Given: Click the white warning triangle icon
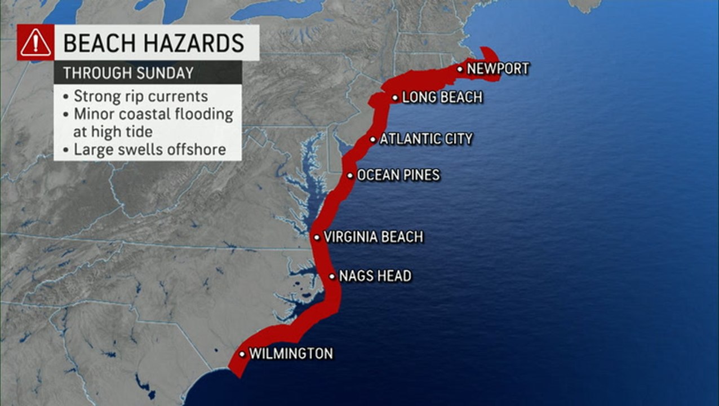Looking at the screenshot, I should (35, 43).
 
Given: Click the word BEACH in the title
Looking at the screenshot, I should (100, 43).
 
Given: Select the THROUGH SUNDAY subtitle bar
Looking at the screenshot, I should (148, 73).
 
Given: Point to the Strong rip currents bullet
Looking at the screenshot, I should (141, 96).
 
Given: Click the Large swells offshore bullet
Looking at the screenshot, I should (149, 149).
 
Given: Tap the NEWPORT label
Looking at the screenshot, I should (498, 69).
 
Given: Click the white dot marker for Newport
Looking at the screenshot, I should (460, 69).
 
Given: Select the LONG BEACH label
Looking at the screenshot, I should (442, 98).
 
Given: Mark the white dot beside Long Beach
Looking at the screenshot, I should (396, 98).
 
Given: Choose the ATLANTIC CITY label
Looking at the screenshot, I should (426, 139).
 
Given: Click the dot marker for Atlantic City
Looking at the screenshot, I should (373, 139).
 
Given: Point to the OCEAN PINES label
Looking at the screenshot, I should (398, 175).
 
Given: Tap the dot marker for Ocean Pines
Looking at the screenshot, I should (350, 176).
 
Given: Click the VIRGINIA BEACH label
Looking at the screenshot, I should (374, 237).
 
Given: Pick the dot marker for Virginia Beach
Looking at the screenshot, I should (317, 237).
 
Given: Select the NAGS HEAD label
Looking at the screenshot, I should (375, 276).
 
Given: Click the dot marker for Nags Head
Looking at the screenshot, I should (332, 277).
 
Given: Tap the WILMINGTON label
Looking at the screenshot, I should (291, 354).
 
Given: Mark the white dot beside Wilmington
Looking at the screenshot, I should (242, 354).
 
